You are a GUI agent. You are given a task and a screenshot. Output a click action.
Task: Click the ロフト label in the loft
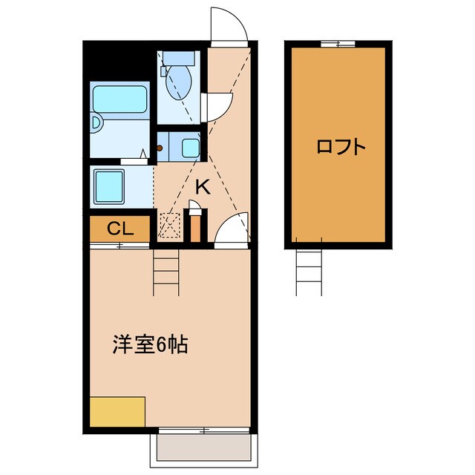(x=341, y=146)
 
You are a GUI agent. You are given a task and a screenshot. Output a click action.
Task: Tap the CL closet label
(x=119, y=229)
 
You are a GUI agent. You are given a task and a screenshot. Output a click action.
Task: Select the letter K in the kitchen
(x=202, y=188)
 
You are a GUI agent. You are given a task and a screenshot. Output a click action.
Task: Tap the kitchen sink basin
(x=190, y=147)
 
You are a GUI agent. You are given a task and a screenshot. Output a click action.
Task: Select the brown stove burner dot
(x=160, y=148)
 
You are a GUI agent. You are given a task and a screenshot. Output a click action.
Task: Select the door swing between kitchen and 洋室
(x=233, y=229)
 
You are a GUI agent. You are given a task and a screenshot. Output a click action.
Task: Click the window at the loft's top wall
(x=338, y=45)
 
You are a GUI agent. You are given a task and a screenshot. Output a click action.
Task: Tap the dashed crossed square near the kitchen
(x=170, y=225)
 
